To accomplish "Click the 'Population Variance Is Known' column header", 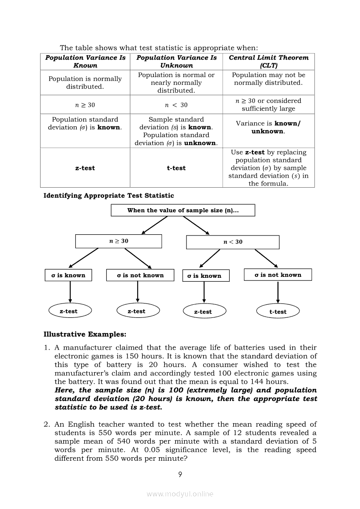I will [x=85, y=61].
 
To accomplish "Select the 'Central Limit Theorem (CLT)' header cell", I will [x=268, y=61].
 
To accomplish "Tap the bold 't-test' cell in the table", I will [x=176, y=168].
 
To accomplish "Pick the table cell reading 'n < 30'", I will [x=176, y=105].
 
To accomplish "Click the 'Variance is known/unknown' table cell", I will [x=268, y=127].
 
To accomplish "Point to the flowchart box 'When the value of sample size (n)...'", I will [x=183, y=210].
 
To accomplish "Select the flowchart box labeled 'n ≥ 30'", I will [x=119, y=241].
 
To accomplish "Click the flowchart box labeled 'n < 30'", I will [x=233, y=242].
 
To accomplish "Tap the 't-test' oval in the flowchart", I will [x=278, y=312].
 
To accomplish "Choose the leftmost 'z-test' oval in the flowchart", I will [x=68, y=311].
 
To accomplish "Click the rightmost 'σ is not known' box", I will [x=278, y=275].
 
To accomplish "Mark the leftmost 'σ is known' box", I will [x=68, y=275].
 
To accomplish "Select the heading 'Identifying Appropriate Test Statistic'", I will [x=109, y=196].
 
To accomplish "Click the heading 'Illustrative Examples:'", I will [x=85, y=334].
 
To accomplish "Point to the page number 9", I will [x=180, y=475].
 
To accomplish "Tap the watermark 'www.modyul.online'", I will [x=180, y=494].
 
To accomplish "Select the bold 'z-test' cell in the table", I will [x=85, y=168].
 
